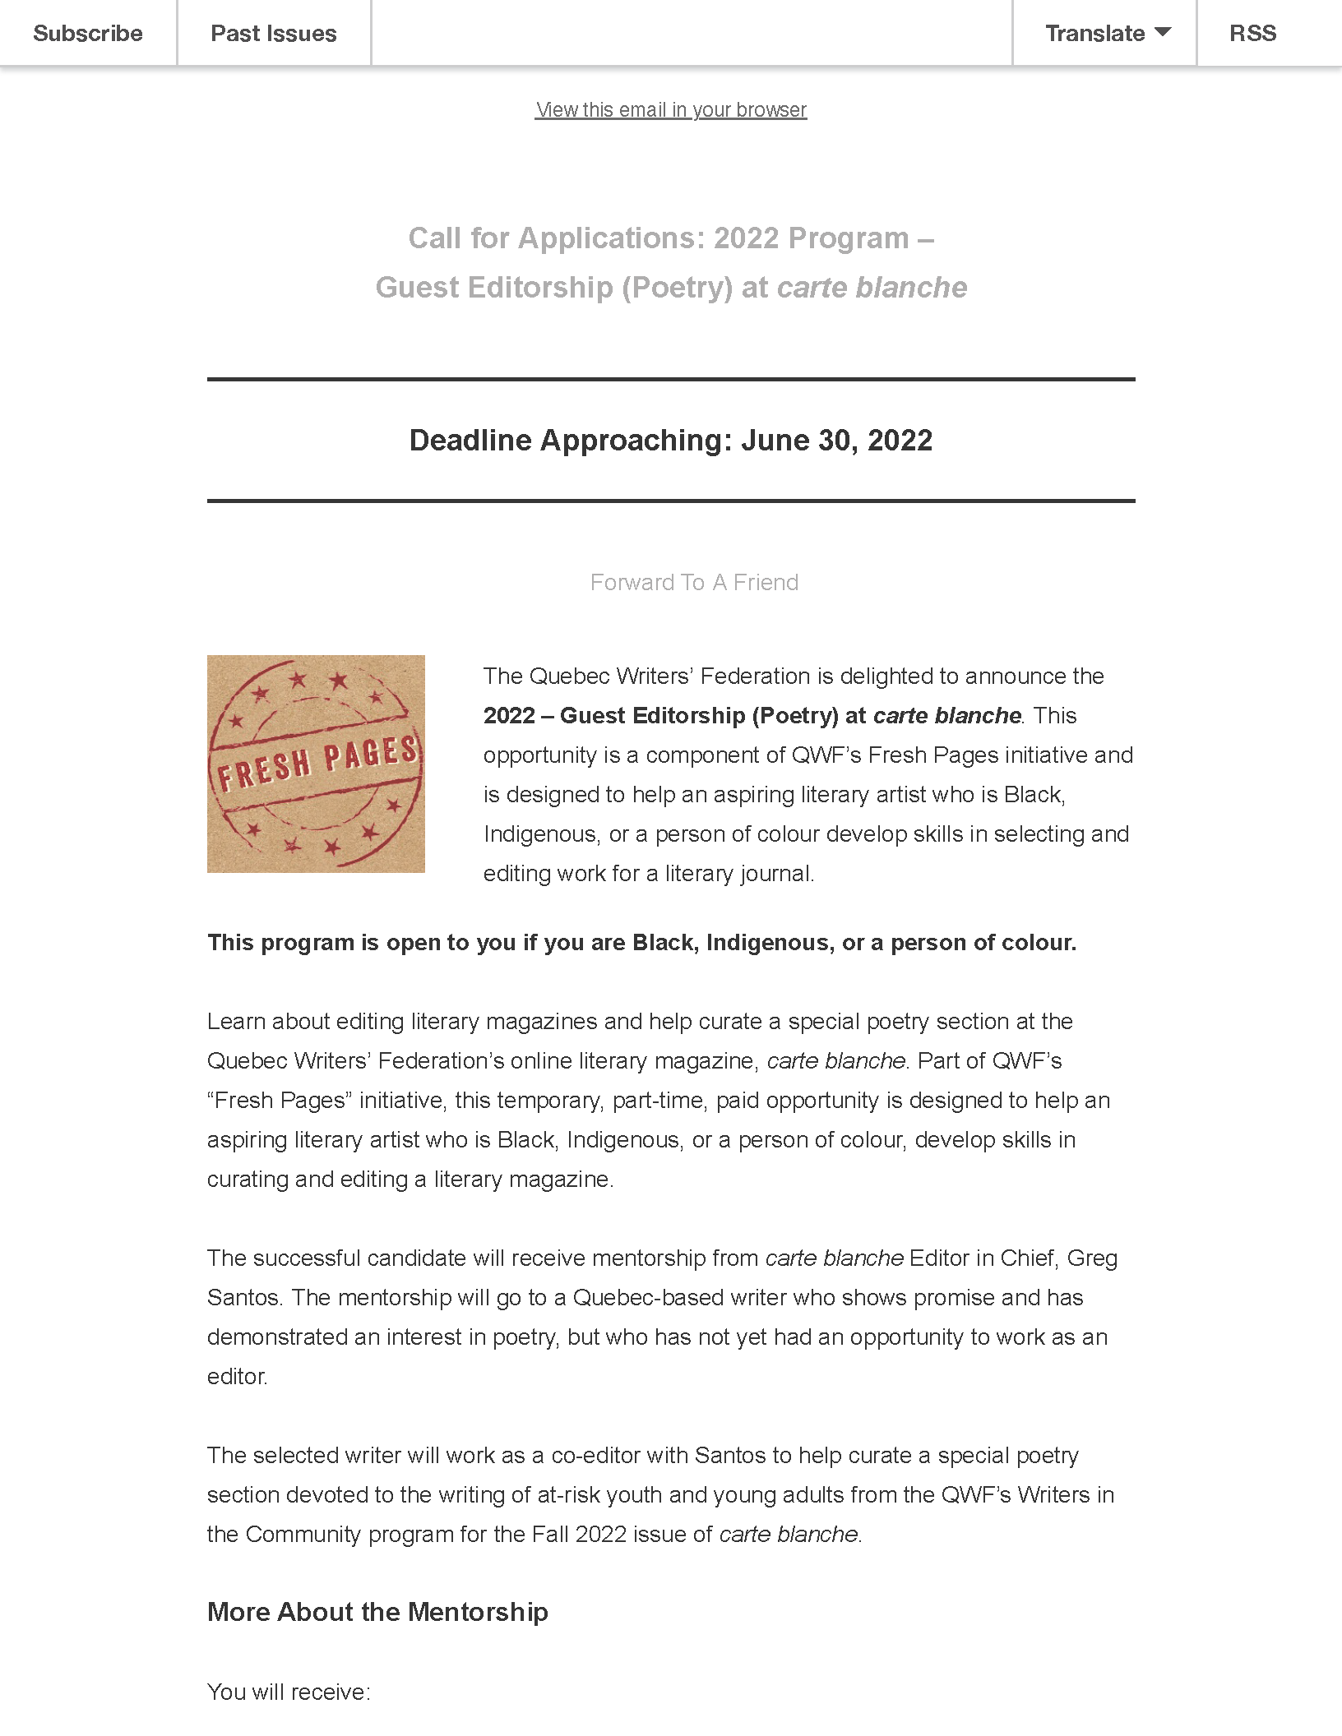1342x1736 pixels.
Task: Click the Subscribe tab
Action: pos(88,34)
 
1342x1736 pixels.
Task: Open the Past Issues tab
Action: pos(274,34)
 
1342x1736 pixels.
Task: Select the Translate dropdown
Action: pos(1105,34)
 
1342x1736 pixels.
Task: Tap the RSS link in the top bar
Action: pos(1252,34)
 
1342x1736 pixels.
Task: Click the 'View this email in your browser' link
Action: pos(671,110)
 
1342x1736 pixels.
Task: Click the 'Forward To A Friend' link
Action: pos(694,583)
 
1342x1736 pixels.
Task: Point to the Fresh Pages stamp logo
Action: pos(316,764)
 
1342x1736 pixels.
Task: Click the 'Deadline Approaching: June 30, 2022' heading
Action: pos(671,441)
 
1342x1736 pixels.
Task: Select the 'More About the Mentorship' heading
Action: pos(377,1612)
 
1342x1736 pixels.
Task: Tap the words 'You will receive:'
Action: pos(289,1692)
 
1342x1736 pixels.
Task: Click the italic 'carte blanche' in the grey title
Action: pos(872,288)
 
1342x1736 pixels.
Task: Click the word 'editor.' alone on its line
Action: pos(237,1377)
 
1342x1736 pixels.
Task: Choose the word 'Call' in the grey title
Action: pos(434,238)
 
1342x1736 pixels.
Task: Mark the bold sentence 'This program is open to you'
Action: pos(641,943)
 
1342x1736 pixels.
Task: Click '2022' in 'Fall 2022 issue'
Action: pos(600,1535)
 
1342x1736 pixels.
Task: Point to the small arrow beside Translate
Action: pos(1163,32)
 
